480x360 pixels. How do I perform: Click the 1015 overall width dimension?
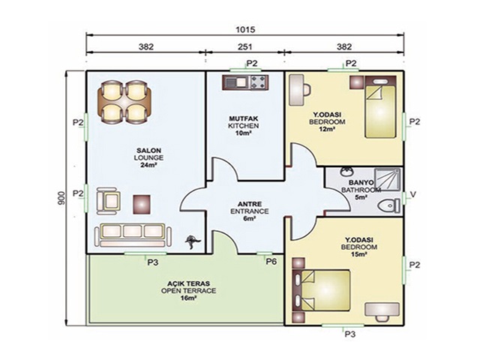click(245, 30)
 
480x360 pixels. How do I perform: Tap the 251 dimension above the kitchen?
click(245, 46)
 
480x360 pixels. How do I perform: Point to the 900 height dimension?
click(61, 198)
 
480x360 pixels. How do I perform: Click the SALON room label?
click(148, 151)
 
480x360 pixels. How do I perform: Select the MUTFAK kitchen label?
click(243, 118)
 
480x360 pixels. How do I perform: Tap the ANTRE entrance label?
click(250, 204)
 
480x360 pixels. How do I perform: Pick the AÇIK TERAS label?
click(188, 283)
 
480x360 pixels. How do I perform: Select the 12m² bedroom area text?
click(327, 129)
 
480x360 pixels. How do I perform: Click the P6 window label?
click(271, 262)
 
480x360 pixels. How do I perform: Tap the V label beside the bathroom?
click(413, 194)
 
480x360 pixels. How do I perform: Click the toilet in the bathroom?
click(388, 205)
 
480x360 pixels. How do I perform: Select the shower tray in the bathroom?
click(388, 179)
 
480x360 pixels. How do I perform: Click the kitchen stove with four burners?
click(259, 82)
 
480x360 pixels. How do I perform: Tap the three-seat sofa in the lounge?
click(133, 235)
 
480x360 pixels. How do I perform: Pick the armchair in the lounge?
click(108, 201)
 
